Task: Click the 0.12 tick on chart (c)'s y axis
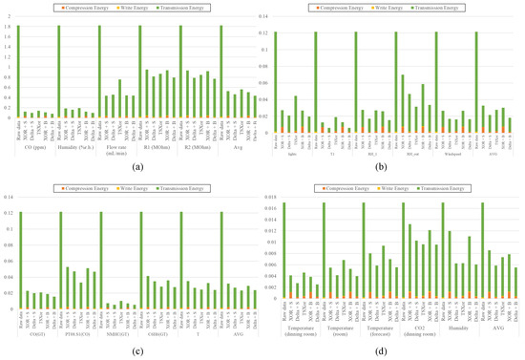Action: coord(8,212)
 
